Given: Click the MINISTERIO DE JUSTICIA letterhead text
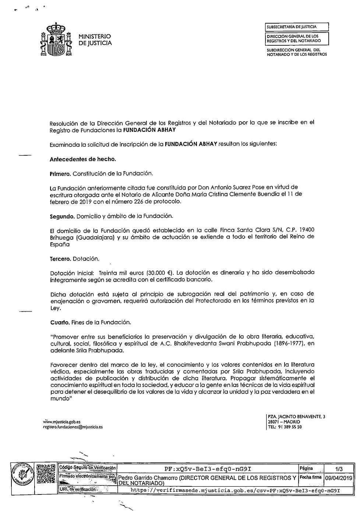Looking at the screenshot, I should pyautogui.click(x=95, y=40).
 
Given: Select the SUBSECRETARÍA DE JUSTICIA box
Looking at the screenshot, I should pyautogui.click(x=296, y=27).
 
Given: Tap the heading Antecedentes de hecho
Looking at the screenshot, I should pyautogui.click(x=83, y=159).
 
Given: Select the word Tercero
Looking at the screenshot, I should pyautogui.click(x=60, y=259).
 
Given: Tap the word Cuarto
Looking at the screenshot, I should pyautogui.click(x=59, y=322).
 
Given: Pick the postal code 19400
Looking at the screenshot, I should pyautogui.click(x=307, y=230).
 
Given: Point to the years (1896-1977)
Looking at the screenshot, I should pyautogui.click(x=286, y=343).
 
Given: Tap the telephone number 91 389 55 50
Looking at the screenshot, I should pyautogui.click(x=290, y=427).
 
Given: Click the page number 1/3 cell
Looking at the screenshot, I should pyautogui.click(x=339, y=469).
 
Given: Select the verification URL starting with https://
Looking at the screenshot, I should pyautogui.click(x=235, y=490).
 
